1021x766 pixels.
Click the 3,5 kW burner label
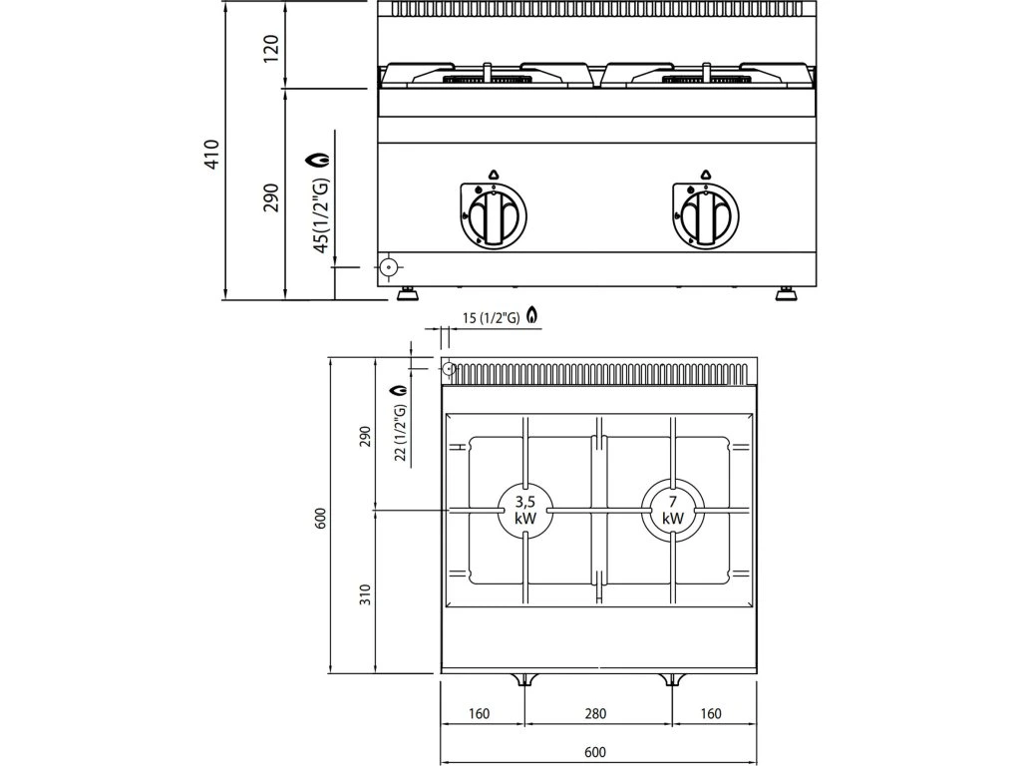(x=525, y=509)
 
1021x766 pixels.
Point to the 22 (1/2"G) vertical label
(x=401, y=432)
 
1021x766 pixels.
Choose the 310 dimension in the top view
(x=365, y=595)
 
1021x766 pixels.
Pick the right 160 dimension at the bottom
(x=710, y=714)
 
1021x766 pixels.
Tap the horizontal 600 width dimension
(x=595, y=751)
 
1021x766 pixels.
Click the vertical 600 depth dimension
(x=320, y=519)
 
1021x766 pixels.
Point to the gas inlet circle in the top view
(x=449, y=369)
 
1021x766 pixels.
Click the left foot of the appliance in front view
(x=408, y=293)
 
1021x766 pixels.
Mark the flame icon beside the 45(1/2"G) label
(x=321, y=160)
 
